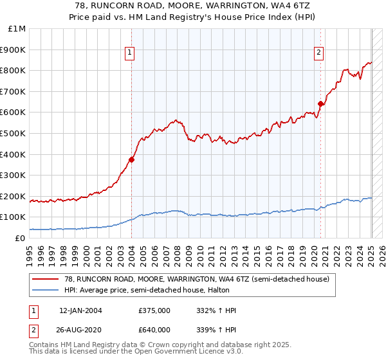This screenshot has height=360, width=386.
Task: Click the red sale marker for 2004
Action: pos(132,159)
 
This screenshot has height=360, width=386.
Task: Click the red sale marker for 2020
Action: pos(321,104)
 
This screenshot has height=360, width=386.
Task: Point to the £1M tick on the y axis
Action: pos(17,29)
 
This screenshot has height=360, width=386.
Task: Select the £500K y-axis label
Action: pos(14,133)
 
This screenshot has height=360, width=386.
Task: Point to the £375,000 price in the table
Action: pos(154,310)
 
